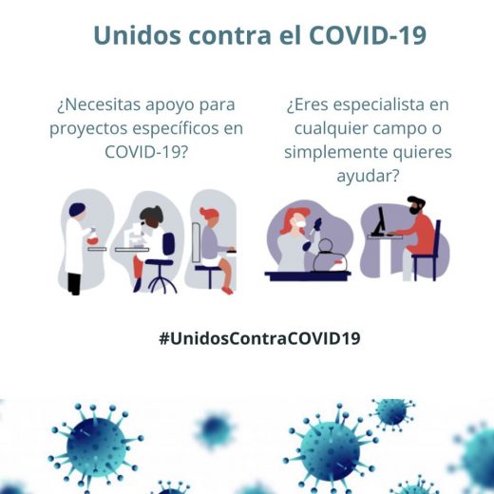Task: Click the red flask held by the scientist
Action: [x=92, y=239]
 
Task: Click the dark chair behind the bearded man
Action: [x=436, y=249]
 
